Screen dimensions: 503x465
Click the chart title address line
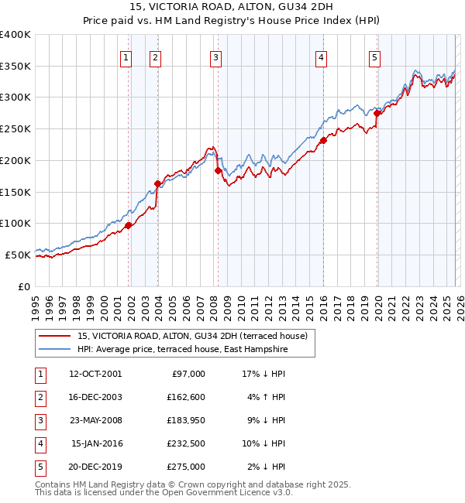[x=232, y=9]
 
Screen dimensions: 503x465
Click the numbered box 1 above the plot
[x=126, y=56]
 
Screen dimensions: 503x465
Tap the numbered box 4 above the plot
[x=320, y=56]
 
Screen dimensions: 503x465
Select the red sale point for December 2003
[x=158, y=184]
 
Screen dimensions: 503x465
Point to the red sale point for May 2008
[x=218, y=170]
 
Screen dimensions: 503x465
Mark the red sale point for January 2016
[x=323, y=140]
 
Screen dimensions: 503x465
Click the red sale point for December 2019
[x=377, y=113]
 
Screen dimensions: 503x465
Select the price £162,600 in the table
[x=186, y=397]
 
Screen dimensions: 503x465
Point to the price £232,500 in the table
[x=186, y=443]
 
